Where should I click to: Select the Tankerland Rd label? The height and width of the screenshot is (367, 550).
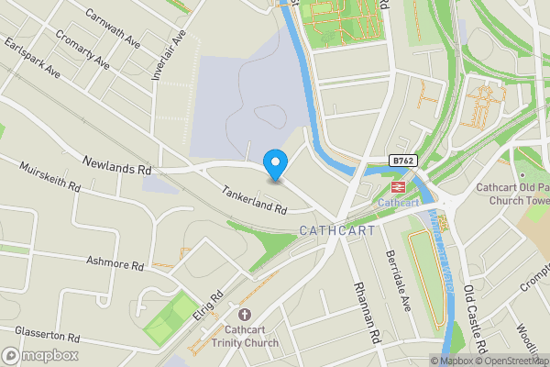pyautogui.click(x=254, y=199)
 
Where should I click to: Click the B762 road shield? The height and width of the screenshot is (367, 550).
pyautogui.click(x=401, y=160)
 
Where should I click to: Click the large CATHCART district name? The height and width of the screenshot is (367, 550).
pyautogui.click(x=337, y=230)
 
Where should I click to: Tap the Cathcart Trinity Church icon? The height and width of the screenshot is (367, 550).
pyautogui.click(x=244, y=314)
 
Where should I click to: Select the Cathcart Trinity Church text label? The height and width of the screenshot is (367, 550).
pyautogui.click(x=244, y=337)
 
